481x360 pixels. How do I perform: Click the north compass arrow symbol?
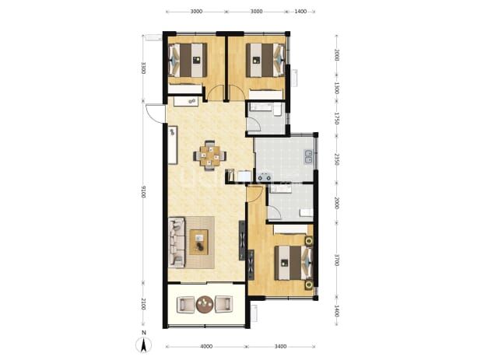[x=143, y=345]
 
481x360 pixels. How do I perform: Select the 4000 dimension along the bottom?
[x=206, y=347]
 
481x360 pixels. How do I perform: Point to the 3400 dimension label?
[x=280, y=347]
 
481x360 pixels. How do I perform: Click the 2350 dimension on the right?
[x=336, y=159]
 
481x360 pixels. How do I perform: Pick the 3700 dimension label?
[x=336, y=260]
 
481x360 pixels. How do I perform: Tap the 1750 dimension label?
[x=336, y=118]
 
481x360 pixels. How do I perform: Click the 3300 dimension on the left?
[x=143, y=68]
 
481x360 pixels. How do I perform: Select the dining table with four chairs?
[x=210, y=156]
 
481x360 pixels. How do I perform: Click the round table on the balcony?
[x=205, y=304]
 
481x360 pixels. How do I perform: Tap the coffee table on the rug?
[x=198, y=242]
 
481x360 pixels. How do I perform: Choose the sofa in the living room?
[x=177, y=242]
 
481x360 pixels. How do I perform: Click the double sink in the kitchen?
[x=308, y=156]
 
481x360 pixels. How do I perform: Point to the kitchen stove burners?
[x=265, y=177]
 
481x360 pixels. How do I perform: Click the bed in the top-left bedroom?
[x=188, y=60]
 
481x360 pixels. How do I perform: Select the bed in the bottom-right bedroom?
[x=293, y=263]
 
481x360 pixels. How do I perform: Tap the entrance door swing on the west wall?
[x=156, y=114]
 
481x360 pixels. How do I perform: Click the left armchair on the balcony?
[x=185, y=304]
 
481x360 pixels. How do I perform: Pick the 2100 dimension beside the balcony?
[x=143, y=305]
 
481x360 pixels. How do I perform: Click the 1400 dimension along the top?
[x=300, y=12]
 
